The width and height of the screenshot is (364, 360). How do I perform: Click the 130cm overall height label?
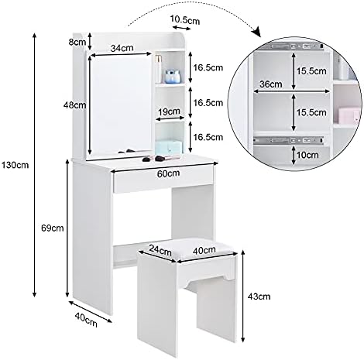coord(15,165)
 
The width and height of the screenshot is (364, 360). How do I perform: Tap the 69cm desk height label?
coord(53,228)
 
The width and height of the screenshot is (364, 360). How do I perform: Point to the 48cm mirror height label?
coord(75,105)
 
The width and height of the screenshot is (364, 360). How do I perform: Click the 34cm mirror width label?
coord(122,48)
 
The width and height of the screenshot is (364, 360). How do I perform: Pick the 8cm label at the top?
coord(77,42)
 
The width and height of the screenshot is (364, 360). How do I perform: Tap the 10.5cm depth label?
coord(185,20)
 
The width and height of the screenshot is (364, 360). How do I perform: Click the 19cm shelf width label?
coord(169,111)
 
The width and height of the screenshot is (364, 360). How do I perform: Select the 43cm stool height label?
coord(259,297)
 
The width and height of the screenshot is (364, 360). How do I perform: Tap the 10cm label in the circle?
coord(307,155)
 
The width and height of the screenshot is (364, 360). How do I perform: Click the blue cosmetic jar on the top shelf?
coord(173,77)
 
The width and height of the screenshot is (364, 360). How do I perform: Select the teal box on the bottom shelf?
coord(169,147)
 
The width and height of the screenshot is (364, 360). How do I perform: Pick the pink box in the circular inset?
coord(349,115)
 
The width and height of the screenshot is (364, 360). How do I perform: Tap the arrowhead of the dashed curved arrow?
coord(257,32)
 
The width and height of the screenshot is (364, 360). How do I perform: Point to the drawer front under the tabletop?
coord(163,178)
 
